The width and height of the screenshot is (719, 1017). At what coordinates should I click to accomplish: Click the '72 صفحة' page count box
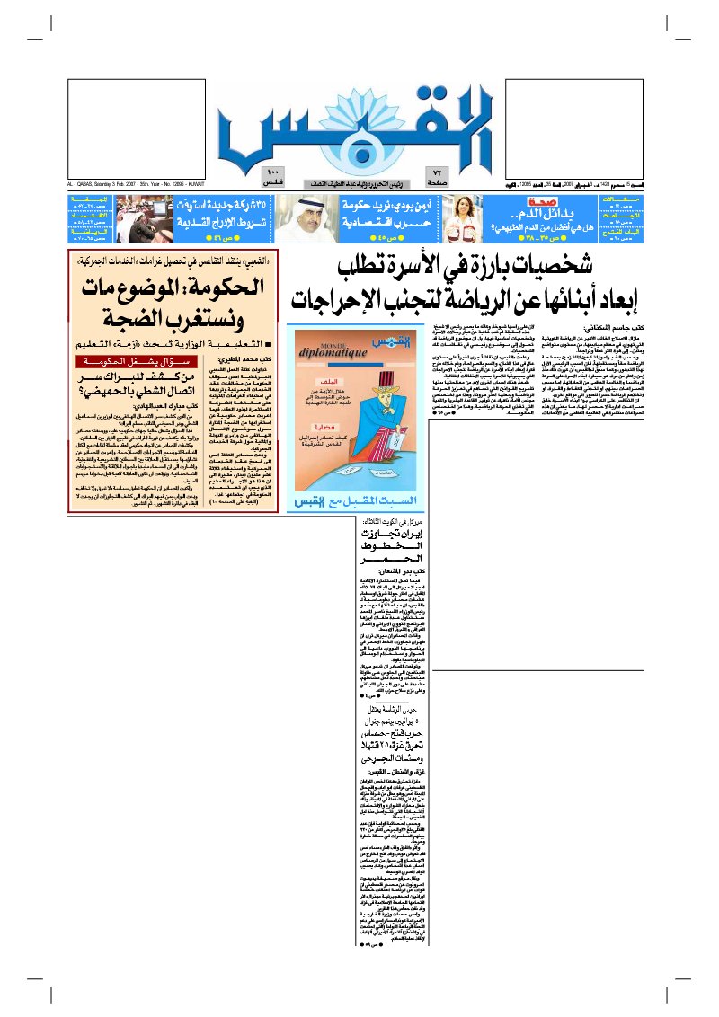click(438, 176)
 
